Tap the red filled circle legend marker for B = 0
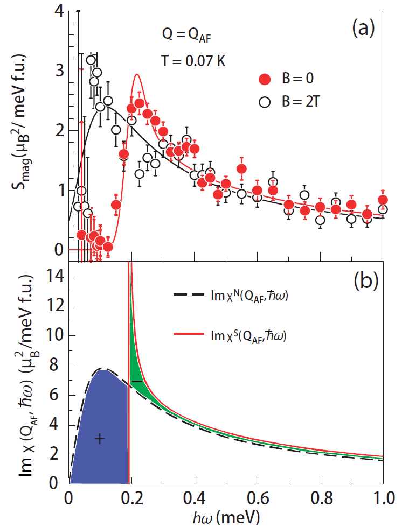264,80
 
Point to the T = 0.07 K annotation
192,60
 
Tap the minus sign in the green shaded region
137,381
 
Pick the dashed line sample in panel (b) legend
189,294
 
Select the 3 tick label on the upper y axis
59,71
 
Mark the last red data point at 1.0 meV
383,200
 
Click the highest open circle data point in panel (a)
91,59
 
